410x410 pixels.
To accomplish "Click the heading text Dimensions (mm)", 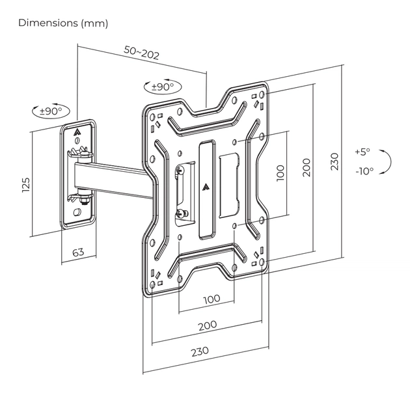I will pos(63,23).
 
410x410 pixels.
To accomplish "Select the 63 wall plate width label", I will pos(77,252).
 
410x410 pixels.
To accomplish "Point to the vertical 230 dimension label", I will pos(335,161).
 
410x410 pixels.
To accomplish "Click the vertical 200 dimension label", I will pos(307,167).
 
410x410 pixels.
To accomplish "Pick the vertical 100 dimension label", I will pos(280,172).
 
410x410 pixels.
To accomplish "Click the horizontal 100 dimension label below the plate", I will pos(212,299).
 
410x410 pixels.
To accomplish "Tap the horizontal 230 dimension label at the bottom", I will pos(200,350).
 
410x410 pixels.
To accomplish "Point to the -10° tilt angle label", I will pos(364,171).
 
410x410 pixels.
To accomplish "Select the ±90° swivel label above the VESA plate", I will pos(162,87).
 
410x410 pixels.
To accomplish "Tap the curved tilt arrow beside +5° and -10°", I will pos(386,161).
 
